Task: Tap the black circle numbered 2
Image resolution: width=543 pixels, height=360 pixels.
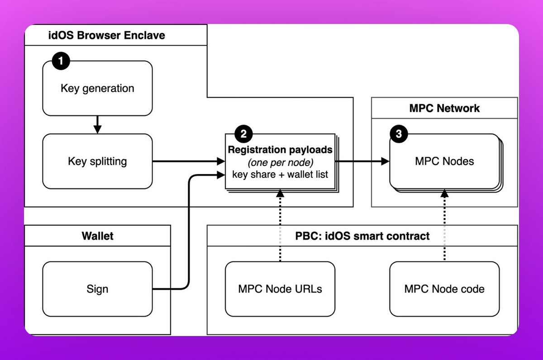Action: coord(243,133)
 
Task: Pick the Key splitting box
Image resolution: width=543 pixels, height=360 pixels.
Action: coord(97,161)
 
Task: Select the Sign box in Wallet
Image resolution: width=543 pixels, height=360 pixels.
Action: coord(97,289)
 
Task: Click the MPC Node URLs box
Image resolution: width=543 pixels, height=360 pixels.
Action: coord(280,289)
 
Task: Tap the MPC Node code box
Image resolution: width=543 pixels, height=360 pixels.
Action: coord(444,289)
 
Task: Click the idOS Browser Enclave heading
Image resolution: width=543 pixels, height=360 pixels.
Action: coord(107,35)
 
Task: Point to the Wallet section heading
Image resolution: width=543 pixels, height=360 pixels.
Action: coord(97,236)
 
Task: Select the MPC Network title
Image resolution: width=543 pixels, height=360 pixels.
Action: coord(444,108)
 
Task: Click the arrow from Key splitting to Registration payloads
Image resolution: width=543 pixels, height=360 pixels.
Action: coord(188,161)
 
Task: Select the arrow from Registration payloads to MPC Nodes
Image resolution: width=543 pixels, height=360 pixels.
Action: coord(362,161)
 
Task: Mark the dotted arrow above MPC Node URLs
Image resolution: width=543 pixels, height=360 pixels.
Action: coord(280,226)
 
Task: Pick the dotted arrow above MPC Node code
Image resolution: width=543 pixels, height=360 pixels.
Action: coord(444,226)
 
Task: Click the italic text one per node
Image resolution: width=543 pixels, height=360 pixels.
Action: coord(280,162)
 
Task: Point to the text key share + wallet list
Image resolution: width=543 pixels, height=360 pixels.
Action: coord(280,174)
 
